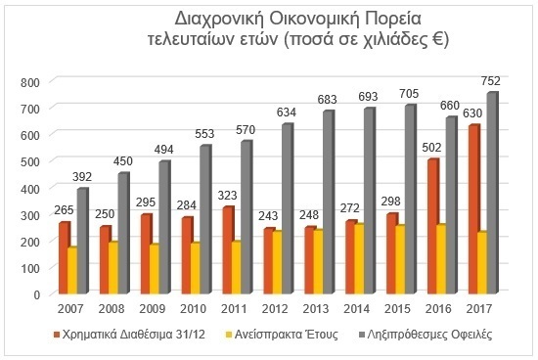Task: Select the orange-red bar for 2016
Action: coord(433,227)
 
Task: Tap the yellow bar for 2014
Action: coord(358,259)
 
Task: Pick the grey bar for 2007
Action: coord(83,241)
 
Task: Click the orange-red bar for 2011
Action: coord(229,250)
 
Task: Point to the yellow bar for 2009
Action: coord(154,269)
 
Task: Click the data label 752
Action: coord(491,81)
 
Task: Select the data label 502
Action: coord(431,148)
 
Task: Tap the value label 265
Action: coord(64,209)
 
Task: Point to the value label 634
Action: coord(287,112)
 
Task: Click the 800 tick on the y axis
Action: coord(30,83)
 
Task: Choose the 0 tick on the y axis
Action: coord(37,294)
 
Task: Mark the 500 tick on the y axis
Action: coord(30,162)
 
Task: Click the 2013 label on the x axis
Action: coord(316,309)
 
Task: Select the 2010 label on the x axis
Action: coord(193,309)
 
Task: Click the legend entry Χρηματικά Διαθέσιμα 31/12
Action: coord(129,335)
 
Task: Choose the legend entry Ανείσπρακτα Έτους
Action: coord(282,335)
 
